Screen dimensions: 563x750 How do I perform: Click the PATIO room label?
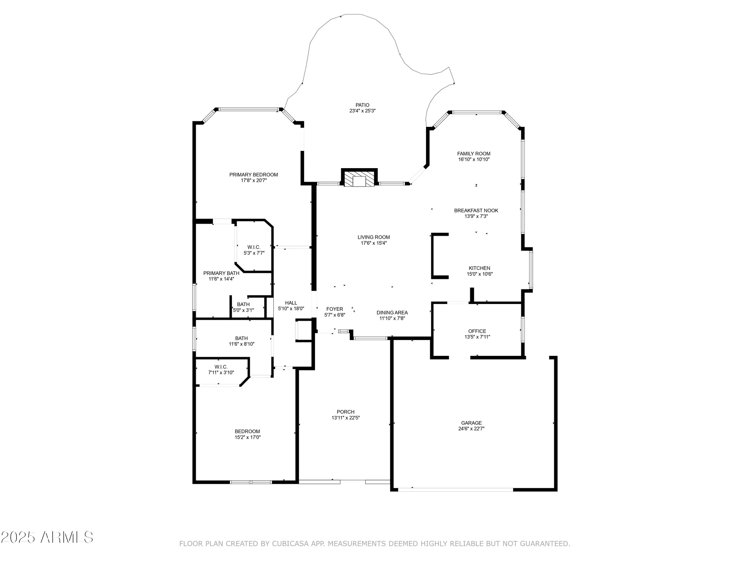coord(362,105)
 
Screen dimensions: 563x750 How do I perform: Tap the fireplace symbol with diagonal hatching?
coord(359,179)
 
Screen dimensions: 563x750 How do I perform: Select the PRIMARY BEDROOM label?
coord(253,175)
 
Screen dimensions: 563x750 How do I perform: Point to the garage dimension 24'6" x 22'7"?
coord(471,429)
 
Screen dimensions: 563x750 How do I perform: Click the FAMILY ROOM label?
coord(474,154)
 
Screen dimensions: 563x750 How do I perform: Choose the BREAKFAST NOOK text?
coord(476,211)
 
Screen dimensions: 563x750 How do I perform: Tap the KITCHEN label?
coord(479,268)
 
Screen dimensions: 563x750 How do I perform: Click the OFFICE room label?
coord(477,331)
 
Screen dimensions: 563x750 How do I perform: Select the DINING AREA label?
coord(392,313)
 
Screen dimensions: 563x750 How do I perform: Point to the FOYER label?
coord(334,309)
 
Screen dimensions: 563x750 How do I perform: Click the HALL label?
coord(291,303)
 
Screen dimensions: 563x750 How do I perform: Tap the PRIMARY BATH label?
coord(221,273)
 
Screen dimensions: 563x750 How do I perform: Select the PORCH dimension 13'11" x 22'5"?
coord(345,418)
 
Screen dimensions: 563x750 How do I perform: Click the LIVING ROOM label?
coord(373,237)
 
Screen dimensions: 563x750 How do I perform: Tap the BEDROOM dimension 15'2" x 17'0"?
coord(247,437)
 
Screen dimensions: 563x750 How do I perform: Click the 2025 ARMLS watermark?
coord(47,537)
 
